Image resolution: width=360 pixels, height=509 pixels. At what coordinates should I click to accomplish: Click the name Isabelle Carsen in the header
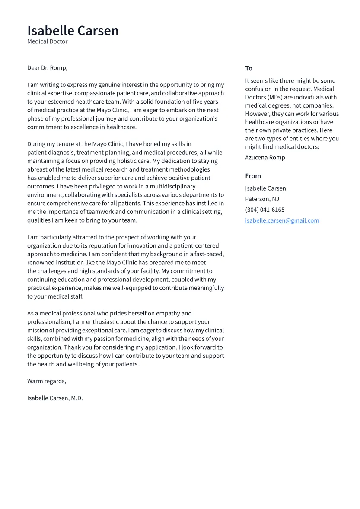coord(73,31)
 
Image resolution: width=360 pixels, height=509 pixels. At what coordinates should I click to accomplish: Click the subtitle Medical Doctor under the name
coord(47,41)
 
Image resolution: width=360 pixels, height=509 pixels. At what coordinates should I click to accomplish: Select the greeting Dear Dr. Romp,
coord(47,68)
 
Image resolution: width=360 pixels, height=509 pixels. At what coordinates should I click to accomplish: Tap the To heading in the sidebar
coord(248,68)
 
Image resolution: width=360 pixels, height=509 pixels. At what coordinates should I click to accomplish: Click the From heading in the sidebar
coord(253,176)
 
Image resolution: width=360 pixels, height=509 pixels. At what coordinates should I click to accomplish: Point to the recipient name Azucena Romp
coord(265,157)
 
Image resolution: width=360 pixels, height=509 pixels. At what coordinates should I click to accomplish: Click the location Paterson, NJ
coord(262,199)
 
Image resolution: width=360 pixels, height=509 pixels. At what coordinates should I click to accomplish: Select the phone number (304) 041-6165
coord(264,210)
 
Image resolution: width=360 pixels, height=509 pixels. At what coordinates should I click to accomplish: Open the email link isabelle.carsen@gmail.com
coord(282,220)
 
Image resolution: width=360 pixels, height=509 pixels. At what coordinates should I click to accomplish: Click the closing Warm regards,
coord(47,381)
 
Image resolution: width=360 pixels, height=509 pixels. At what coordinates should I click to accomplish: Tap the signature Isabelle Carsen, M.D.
coord(55,398)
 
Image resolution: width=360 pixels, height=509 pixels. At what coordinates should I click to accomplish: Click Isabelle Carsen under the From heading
coord(265,188)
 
